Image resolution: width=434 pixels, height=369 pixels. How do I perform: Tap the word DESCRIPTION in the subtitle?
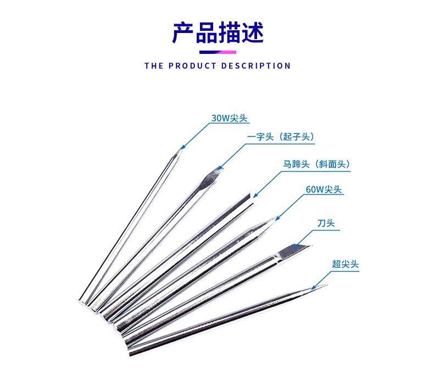coord(255,66)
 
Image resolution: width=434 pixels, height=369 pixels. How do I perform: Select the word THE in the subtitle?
coord(154,66)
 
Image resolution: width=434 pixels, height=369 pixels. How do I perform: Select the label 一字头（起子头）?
coord(281,136)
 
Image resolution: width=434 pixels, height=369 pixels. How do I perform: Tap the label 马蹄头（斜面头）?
coord(316,164)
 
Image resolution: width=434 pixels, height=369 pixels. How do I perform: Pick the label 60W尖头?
coord(324,190)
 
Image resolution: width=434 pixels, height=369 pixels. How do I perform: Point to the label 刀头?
coord(326,224)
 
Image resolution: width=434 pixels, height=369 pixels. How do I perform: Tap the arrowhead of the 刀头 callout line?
coord(296,246)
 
